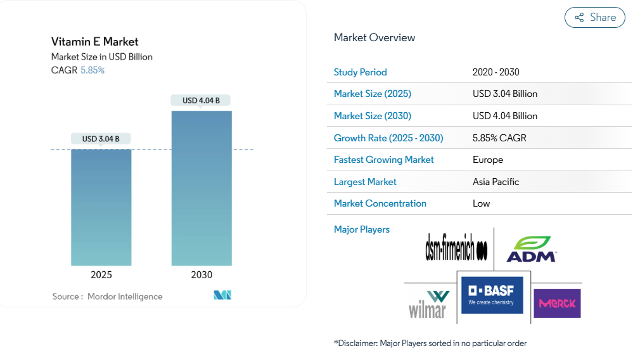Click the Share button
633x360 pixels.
pos(594,18)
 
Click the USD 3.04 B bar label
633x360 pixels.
pos(101,139)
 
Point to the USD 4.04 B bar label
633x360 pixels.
pos(201,100)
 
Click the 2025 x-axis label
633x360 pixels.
pos(101,275)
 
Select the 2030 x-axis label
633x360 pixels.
pos(201,275)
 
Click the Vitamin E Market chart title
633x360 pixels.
pos(95,42)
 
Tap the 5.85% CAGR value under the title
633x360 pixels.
pos(93,70)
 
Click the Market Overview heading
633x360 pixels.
pos(374,38)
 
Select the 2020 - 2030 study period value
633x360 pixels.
pos(496,72)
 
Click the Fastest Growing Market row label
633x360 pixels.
pos(384,160)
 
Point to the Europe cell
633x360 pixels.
pos(488,160)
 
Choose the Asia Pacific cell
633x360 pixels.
pos(496,182)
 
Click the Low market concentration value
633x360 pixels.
pos(482,203)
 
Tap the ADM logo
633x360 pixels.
pos(531,249)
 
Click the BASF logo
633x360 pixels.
pos(492,295)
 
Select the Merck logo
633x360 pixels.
pos(557,304)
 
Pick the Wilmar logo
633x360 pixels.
pos(428,304)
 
